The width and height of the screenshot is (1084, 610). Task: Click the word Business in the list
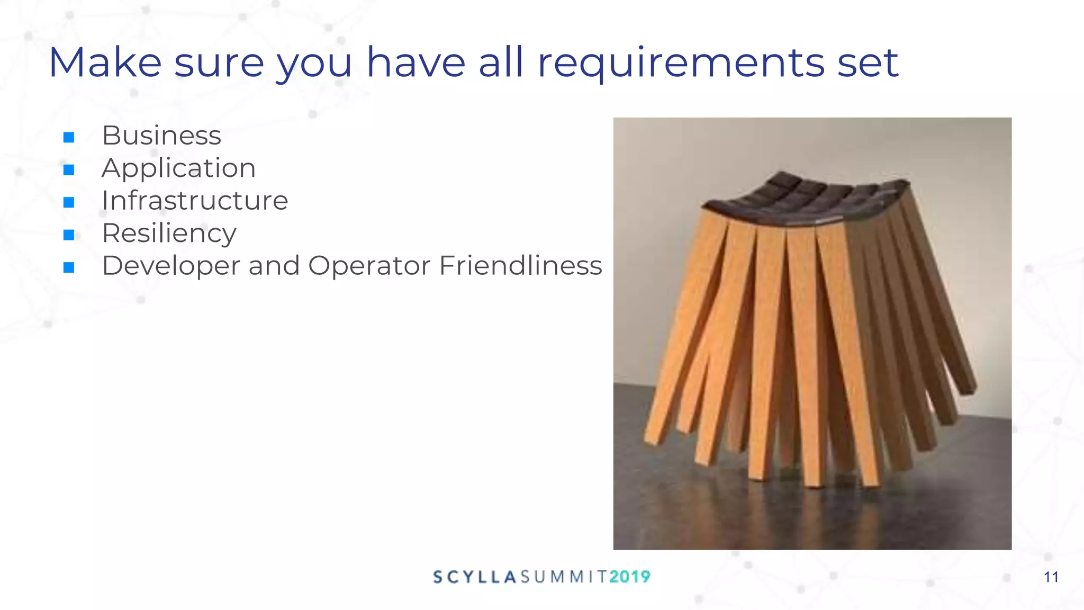coord(161,136)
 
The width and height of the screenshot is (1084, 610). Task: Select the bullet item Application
coord(178,168)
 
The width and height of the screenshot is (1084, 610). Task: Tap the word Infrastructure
coord(195,201)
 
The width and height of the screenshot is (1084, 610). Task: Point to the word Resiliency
coord(169,234)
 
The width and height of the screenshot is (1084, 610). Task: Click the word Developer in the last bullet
coord(170,266)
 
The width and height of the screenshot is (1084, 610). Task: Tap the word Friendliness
coord(520,266)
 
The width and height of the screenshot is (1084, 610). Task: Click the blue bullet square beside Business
coord(69,138)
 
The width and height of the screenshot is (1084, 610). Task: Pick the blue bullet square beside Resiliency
coord(69,235)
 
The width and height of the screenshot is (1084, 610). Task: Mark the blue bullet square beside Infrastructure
coord(69,202)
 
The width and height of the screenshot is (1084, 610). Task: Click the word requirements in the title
coord(681,64)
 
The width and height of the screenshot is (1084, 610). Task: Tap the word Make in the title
coord(105,62)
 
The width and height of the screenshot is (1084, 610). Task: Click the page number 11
coord(1051,577)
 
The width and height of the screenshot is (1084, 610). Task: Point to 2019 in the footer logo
coord(629,577)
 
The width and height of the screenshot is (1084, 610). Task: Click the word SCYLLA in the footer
coord(474,577)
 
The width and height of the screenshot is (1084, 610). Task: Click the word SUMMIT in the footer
coord(563,577)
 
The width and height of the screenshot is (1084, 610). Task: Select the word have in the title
coord(416,62)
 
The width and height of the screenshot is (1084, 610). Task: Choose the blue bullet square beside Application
coord(69,170)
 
